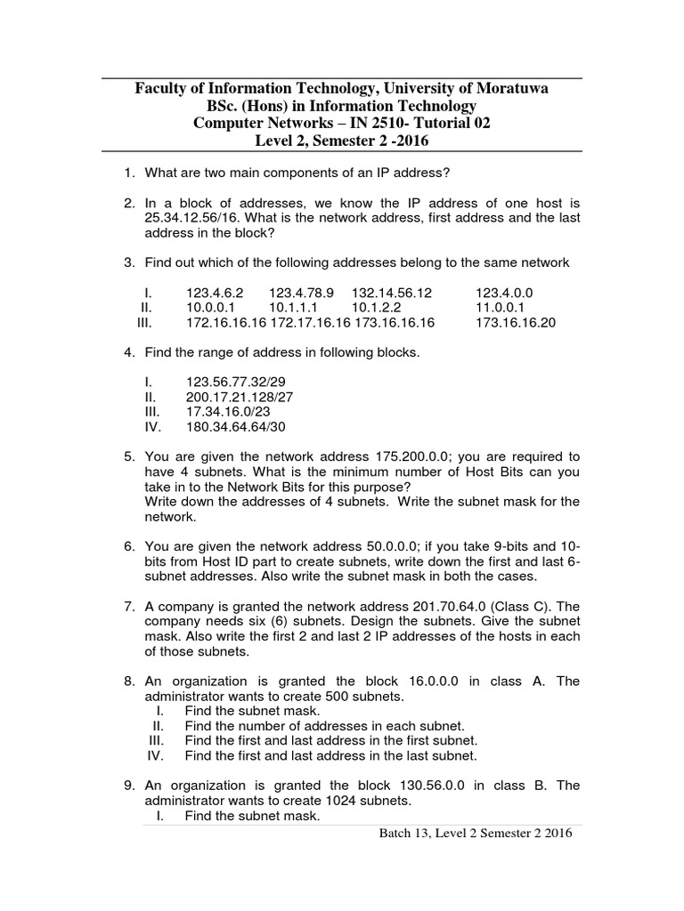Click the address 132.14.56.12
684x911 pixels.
(x=391, y=292)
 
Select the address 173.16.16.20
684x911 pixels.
(x=516, y=322)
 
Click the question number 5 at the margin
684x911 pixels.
(x=129, y=456)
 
